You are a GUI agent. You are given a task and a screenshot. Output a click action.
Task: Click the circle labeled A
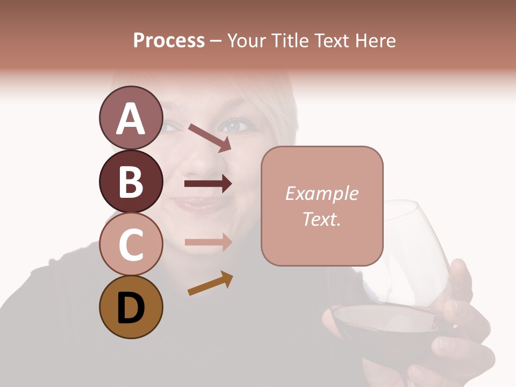[x=131, y=118]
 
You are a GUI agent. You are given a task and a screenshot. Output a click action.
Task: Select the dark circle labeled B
[x=131, y=181]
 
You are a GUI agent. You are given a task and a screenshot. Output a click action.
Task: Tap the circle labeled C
[x=131, y=245]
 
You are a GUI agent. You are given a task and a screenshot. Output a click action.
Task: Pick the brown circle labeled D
[x=131, y=307]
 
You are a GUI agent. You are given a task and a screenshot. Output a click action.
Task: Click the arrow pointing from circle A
[x=210, y=138]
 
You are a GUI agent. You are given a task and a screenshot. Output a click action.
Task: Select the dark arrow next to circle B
[x=208, y=184]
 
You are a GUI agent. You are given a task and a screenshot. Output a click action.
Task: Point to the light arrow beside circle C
[x=208, y=242]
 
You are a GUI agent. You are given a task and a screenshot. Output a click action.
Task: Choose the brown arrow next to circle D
[x=210, y=283]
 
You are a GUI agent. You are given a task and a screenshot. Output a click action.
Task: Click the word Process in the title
[x=169, y=40]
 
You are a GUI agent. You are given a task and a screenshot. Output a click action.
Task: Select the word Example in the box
[x=321, y=193]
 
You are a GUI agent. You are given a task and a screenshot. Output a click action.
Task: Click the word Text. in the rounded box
[x=321, y=219]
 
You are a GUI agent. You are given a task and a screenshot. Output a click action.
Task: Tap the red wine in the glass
[x=376, y=328]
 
